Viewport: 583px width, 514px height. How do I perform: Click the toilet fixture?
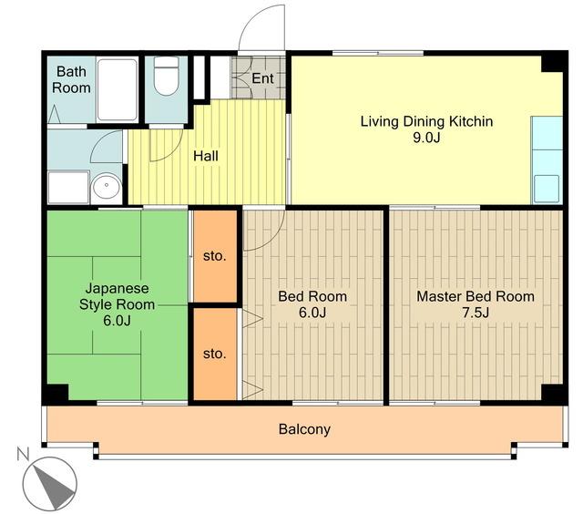166,76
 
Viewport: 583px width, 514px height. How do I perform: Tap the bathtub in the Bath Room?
118,89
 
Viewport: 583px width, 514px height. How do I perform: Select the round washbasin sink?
107,186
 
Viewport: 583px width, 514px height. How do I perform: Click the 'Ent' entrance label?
262,78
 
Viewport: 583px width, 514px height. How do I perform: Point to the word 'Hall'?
206,156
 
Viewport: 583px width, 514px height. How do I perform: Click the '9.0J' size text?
426,138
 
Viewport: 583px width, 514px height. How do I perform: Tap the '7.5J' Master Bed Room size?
476,314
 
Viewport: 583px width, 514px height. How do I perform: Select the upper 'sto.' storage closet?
215,256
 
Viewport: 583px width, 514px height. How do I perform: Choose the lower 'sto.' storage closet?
215,354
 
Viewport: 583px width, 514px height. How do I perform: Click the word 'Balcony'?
304,429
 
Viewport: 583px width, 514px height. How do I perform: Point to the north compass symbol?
49,484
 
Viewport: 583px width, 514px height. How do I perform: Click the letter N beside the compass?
23,454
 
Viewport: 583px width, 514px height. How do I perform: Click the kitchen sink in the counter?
547,189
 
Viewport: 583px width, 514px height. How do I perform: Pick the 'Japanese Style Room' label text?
118,296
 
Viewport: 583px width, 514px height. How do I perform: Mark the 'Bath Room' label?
71,79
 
